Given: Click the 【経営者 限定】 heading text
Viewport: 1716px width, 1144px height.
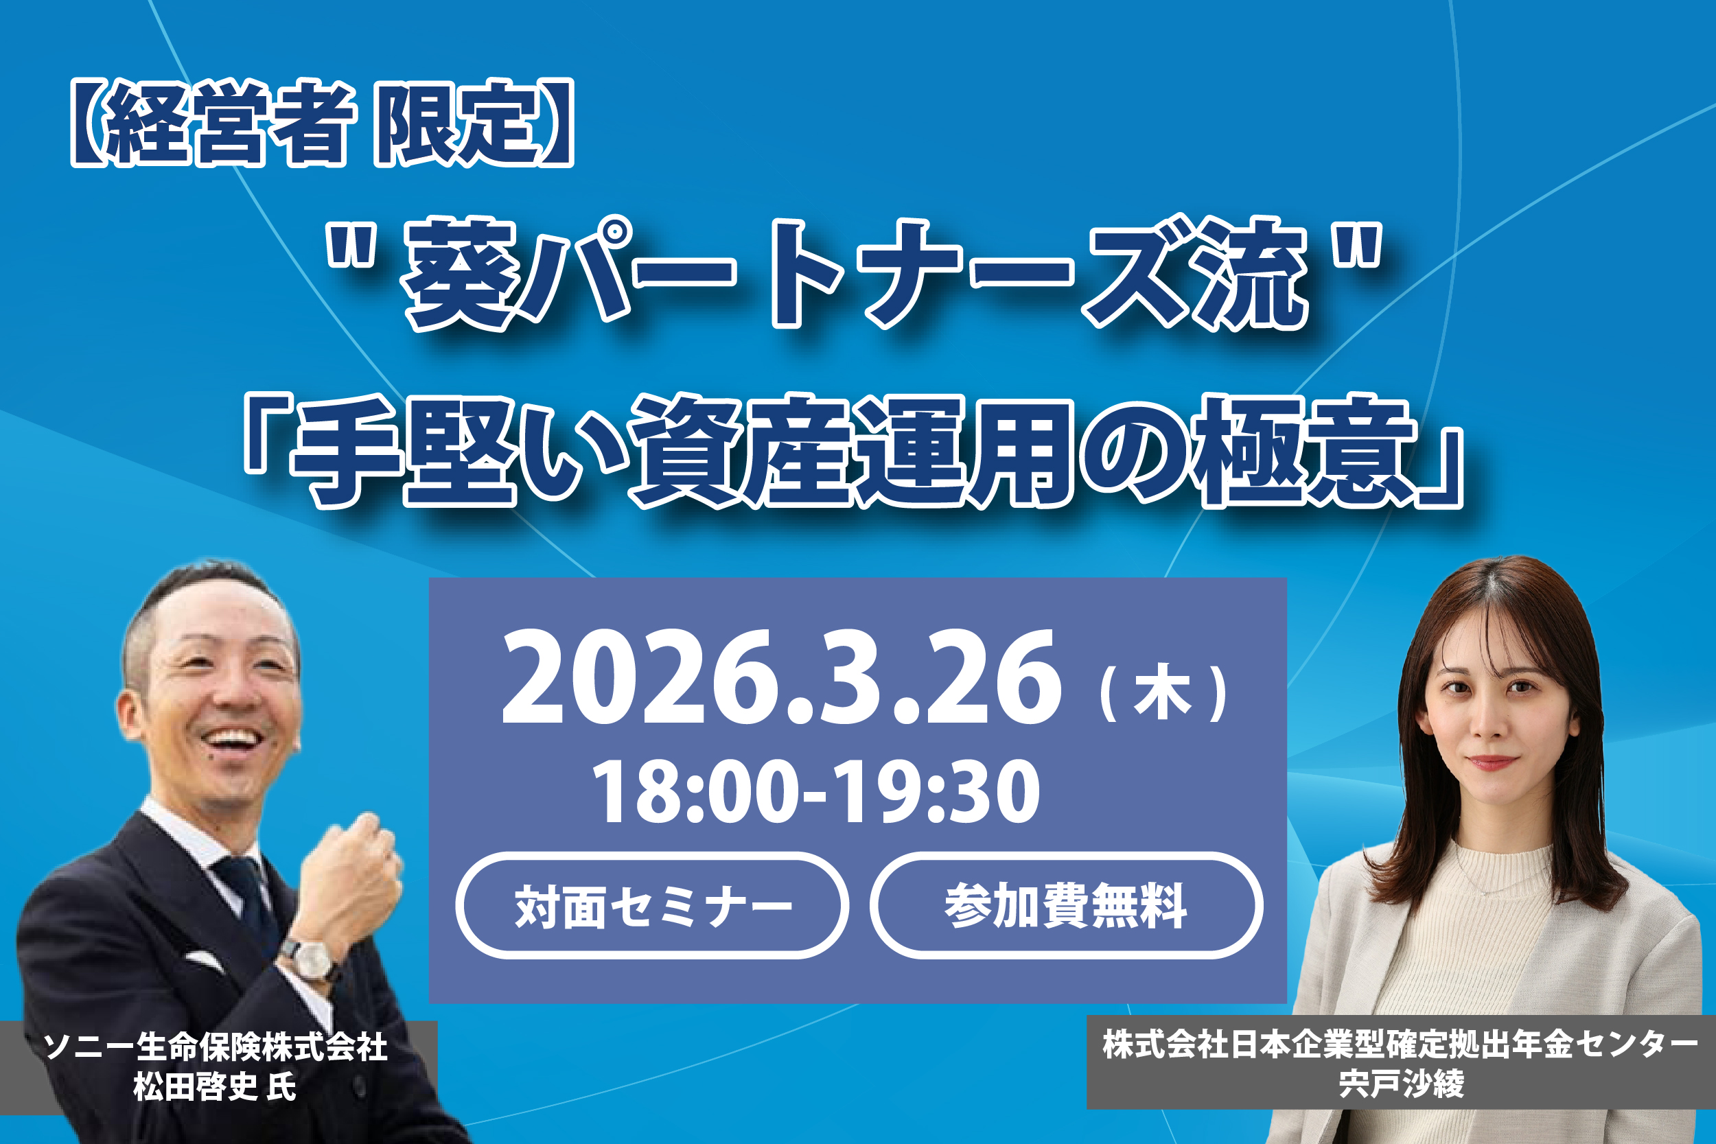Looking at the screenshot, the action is [322, 123].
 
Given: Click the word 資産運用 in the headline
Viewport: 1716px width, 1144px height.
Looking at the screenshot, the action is [850, 452].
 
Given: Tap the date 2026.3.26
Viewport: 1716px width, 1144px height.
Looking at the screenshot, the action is [780, 678].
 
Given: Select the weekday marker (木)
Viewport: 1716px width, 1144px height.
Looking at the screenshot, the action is [1163, 693].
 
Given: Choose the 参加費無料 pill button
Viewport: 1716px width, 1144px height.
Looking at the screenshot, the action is [1066, 905].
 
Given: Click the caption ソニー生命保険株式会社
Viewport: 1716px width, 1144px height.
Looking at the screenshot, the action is [216, 1047].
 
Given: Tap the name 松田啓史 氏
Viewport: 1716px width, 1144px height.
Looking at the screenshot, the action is [214, 1086].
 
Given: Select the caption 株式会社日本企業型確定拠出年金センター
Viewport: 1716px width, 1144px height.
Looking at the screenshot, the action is [1400, 1044].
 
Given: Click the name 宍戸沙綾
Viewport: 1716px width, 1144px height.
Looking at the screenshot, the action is [1401, 1084].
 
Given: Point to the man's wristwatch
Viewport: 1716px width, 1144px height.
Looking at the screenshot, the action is [311, 956].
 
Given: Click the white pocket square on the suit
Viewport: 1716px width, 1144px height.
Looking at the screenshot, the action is [205, 962].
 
